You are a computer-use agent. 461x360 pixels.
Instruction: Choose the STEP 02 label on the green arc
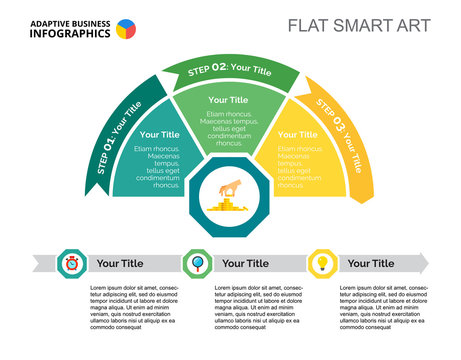(229, 70)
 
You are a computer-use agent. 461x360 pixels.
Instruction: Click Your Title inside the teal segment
(160, 134)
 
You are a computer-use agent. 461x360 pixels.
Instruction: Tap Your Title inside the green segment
(228, 100)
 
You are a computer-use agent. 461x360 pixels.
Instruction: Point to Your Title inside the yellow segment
(297, 134)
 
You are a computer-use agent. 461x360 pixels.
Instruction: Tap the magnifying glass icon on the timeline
(196, 263)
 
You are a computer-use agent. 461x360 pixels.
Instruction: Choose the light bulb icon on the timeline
(322, 263)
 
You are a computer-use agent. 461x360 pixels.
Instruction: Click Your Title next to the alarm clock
(120, 263)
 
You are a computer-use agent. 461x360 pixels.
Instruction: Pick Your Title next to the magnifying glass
(245, 263)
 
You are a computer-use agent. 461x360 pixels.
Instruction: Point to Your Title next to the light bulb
(371, 263)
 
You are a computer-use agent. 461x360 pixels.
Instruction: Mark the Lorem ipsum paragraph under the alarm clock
(133, 307)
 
